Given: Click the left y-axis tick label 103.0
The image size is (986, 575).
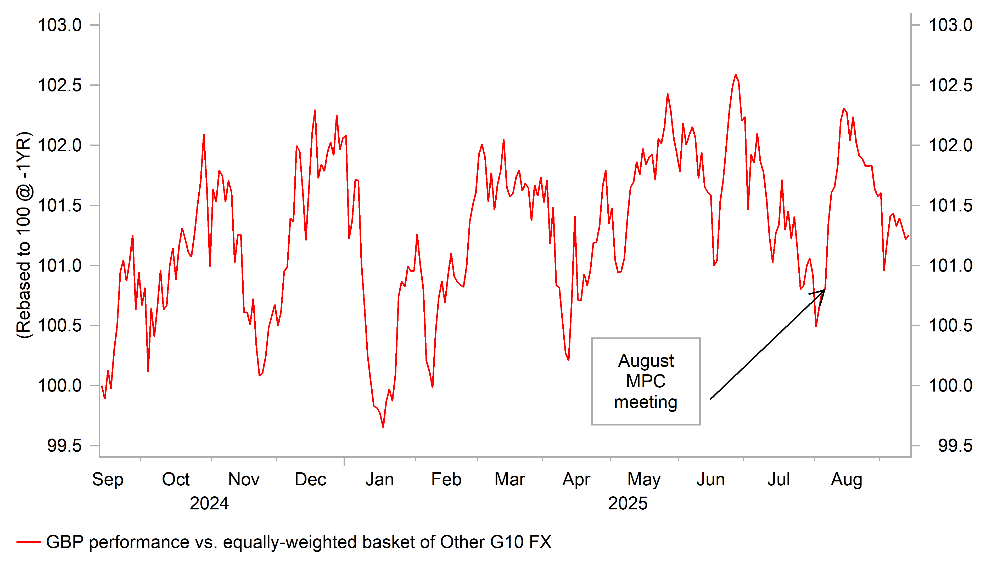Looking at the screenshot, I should pos(59,25).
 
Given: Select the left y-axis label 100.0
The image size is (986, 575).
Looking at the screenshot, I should pos(59,386).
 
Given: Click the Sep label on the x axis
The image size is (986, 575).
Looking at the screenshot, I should pos(108,480).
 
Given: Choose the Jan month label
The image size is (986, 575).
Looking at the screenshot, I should pos(379,480).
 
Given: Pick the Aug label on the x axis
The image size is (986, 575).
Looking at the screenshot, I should pos(846,480).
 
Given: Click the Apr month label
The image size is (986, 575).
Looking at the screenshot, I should pos(576,480).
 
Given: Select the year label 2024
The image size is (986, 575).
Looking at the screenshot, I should pos(209,503).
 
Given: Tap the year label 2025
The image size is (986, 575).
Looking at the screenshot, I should pos(628,503).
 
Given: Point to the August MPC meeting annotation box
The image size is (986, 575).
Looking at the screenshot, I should pos(646,381).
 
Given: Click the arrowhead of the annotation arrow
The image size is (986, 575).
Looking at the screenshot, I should pos(824,290).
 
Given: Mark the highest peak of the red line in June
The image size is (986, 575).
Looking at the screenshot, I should pos(736,75).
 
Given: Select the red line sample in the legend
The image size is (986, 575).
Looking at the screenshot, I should pos(29,542).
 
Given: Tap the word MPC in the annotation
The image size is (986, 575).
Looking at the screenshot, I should pos(646,381).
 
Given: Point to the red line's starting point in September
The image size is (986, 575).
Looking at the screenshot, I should pos(102,386).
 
